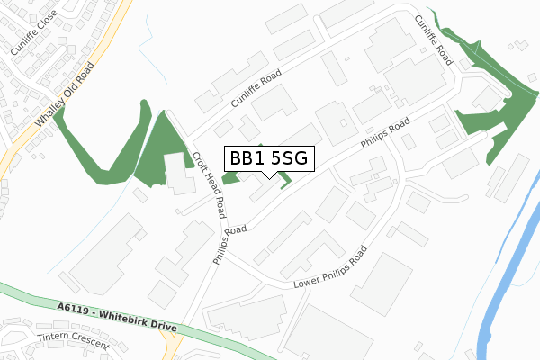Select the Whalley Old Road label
click(x=64, y=96)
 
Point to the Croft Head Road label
click(x=208, y=185)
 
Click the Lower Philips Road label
click(x=330, y=268)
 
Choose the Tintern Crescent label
click(x=73, y=342)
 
